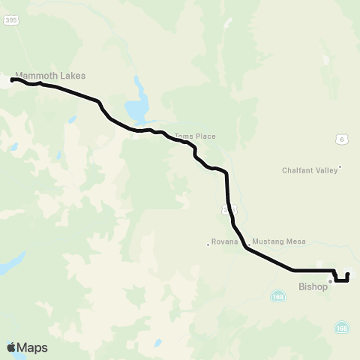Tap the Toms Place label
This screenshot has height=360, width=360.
195,136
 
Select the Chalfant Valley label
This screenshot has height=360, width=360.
310,170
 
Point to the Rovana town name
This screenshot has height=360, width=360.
224,242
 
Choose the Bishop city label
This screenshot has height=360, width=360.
313,286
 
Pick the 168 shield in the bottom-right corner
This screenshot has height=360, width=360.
342,328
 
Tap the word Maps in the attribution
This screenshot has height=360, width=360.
32,347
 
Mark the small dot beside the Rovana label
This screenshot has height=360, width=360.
208,243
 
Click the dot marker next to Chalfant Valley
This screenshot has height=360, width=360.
340,166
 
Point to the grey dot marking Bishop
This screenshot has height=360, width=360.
329,282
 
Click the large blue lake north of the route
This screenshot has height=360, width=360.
137,109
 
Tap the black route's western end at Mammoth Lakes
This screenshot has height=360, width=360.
13,79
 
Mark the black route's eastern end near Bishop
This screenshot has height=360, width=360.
348,274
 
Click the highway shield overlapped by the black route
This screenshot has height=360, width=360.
227,211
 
